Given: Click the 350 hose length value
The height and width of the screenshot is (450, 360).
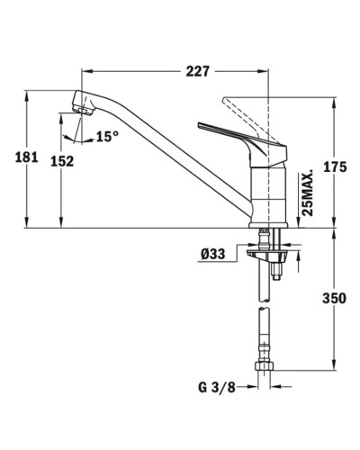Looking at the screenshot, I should (334, 299).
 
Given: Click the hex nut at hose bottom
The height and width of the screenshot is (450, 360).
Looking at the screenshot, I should (266, 370).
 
